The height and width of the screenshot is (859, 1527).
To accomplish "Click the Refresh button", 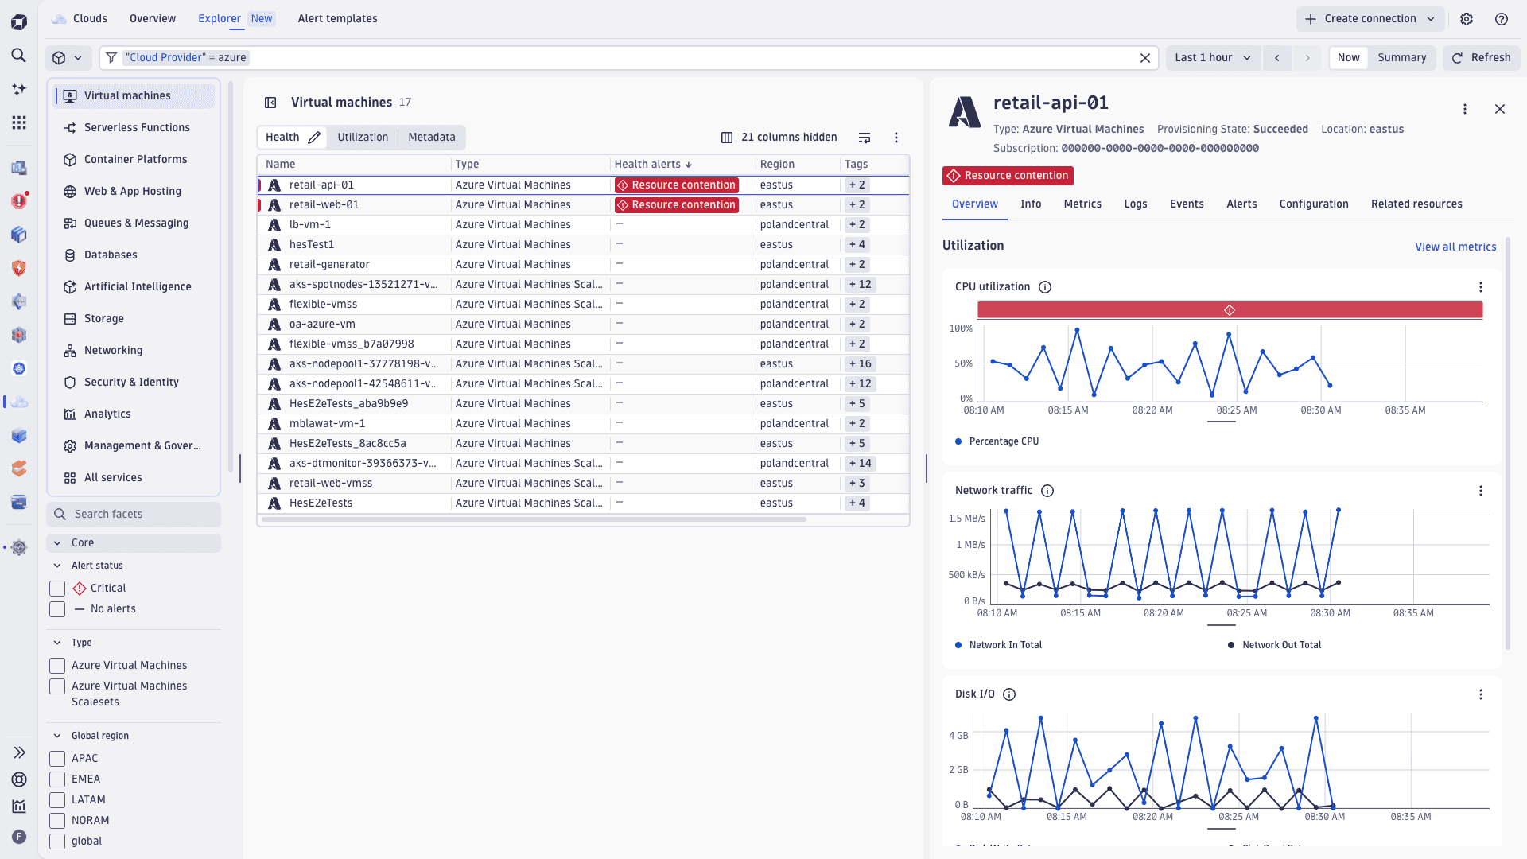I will click(1481, 57).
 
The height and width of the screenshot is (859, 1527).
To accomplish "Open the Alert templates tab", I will click(337, 18).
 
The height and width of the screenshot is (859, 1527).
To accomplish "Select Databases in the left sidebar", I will click(111, 255).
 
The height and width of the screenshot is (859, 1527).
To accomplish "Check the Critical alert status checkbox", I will click(57, 589).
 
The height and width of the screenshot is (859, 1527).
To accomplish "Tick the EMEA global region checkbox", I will click(57, 779).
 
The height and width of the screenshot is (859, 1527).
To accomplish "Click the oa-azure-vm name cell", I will click(322, 324).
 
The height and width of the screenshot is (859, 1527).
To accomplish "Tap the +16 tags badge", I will click(860, 363).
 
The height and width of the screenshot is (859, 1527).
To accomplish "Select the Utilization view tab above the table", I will click(363, 137).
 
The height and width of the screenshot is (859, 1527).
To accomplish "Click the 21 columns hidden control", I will click(779, 137).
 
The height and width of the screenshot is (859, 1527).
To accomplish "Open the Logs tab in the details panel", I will click(1135, 204).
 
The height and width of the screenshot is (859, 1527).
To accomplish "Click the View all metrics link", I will click(1455, 247).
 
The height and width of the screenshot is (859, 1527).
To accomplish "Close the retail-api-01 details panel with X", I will click(1499, 109).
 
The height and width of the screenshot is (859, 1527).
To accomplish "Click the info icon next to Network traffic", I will click(1047, 491).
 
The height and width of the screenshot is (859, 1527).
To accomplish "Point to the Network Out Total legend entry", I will click(1280, 645).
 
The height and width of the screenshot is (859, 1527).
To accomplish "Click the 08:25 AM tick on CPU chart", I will click(1236, 410).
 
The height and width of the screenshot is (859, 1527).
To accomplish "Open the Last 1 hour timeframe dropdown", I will click(1212, 57).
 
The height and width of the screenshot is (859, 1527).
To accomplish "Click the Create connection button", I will click(1370, 18).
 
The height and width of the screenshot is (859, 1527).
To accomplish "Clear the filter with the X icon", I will click(1144, 57).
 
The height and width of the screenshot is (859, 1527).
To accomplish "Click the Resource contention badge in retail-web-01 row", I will click(676, 204).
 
